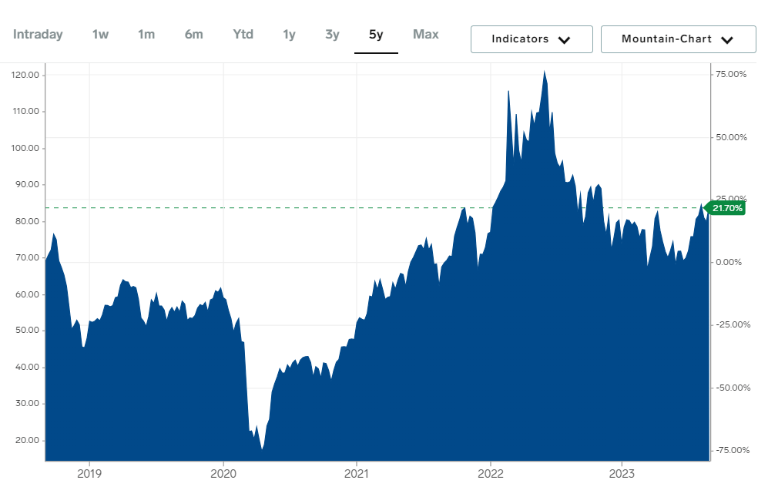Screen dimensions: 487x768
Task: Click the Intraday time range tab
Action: (38, 35)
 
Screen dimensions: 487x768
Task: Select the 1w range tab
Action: (100, 35)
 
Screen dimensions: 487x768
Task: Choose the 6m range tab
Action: (193, 35)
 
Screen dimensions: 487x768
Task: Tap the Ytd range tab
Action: (243, 35)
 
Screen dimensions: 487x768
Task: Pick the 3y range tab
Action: (332, 35)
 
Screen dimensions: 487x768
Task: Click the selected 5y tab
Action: (376, 35)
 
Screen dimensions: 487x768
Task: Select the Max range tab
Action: (426, 35)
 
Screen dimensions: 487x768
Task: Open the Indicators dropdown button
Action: (532, 39)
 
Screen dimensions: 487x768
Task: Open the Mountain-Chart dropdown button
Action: (678, 39)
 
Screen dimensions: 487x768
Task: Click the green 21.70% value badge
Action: (727, 208)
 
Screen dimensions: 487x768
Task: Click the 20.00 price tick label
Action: (27, 440)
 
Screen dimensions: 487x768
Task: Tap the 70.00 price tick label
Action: (27, 257)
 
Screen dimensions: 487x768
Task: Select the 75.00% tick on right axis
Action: (731, 75)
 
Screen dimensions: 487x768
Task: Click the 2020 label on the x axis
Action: (223, 473)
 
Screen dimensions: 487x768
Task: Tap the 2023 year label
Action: (622, 473)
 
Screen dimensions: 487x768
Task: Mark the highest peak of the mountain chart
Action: (544, 71)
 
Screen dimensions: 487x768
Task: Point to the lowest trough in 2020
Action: (262, 448)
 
